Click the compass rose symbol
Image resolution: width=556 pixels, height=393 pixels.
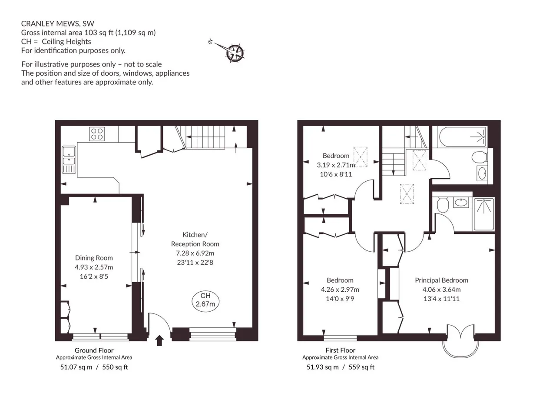coord(235,53)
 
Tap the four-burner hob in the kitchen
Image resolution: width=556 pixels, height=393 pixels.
coord(97,134)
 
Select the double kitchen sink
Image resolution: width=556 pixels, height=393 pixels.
coord(69,160)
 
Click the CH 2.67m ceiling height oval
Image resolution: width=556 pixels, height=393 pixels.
coord(205,301)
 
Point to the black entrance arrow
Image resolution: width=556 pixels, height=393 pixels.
coord(159,340)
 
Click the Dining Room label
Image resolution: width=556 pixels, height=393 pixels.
coord(94,258)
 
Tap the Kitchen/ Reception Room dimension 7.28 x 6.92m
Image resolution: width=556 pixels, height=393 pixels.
coord(195,253)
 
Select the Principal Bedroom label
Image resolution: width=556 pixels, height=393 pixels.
coord(442,280)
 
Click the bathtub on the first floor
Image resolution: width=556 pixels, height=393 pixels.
coord(463,137)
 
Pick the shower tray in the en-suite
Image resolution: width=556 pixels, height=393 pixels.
coord(484,214)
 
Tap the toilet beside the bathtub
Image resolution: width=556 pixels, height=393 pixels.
coord(480,157)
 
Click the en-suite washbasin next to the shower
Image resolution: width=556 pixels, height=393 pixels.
coord(461,202)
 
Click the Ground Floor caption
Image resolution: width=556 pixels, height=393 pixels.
coord(94,350)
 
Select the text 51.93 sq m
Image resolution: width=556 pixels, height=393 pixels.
coord(322,367)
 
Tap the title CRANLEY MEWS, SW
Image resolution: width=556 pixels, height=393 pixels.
coord(58,23)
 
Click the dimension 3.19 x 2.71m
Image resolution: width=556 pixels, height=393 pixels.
coord(336,165)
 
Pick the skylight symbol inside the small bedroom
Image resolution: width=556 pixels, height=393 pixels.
coord(361,157)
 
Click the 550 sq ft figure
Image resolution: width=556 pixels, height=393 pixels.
coord(115,367)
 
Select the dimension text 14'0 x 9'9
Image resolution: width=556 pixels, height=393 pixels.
coord(340,299)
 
